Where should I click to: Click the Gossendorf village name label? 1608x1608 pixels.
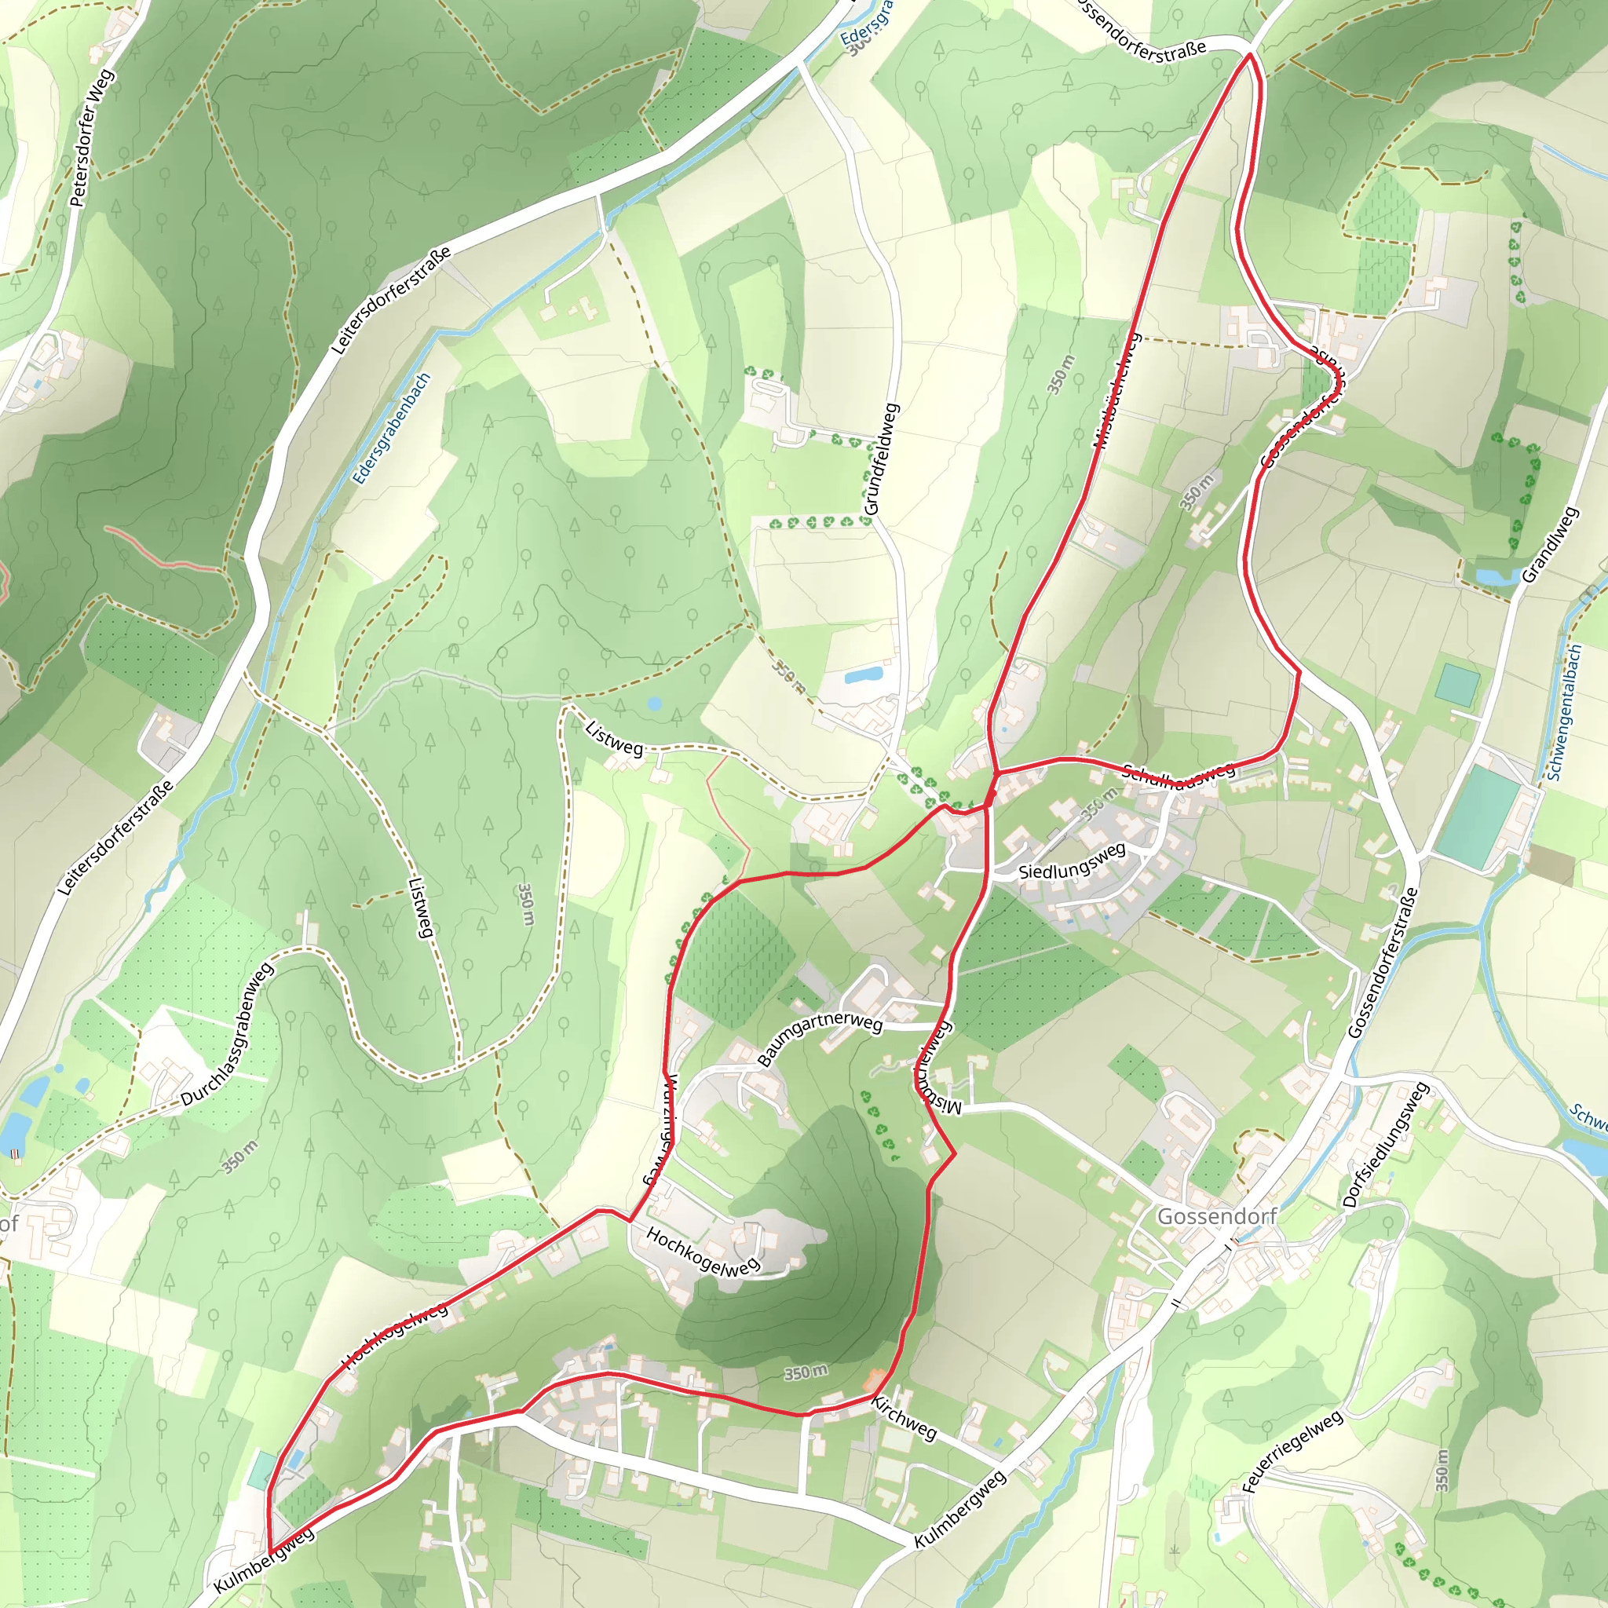tap(1216, 1216)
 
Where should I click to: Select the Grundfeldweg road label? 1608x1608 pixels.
tap(883, 459)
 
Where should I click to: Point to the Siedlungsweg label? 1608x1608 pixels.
tap(1072, 861)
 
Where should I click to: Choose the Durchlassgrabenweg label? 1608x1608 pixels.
tap(227, 1035)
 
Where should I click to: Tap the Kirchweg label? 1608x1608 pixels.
tap(904, 1417)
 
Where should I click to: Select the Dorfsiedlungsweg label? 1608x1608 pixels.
tap(1385, 1145)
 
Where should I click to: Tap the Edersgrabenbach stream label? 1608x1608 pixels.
tap(391, 428)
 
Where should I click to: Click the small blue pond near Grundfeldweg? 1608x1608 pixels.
tap(863, 674)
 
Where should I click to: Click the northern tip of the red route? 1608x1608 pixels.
tap(1249, 55)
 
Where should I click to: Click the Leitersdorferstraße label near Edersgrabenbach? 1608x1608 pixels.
tap(391, 300)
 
